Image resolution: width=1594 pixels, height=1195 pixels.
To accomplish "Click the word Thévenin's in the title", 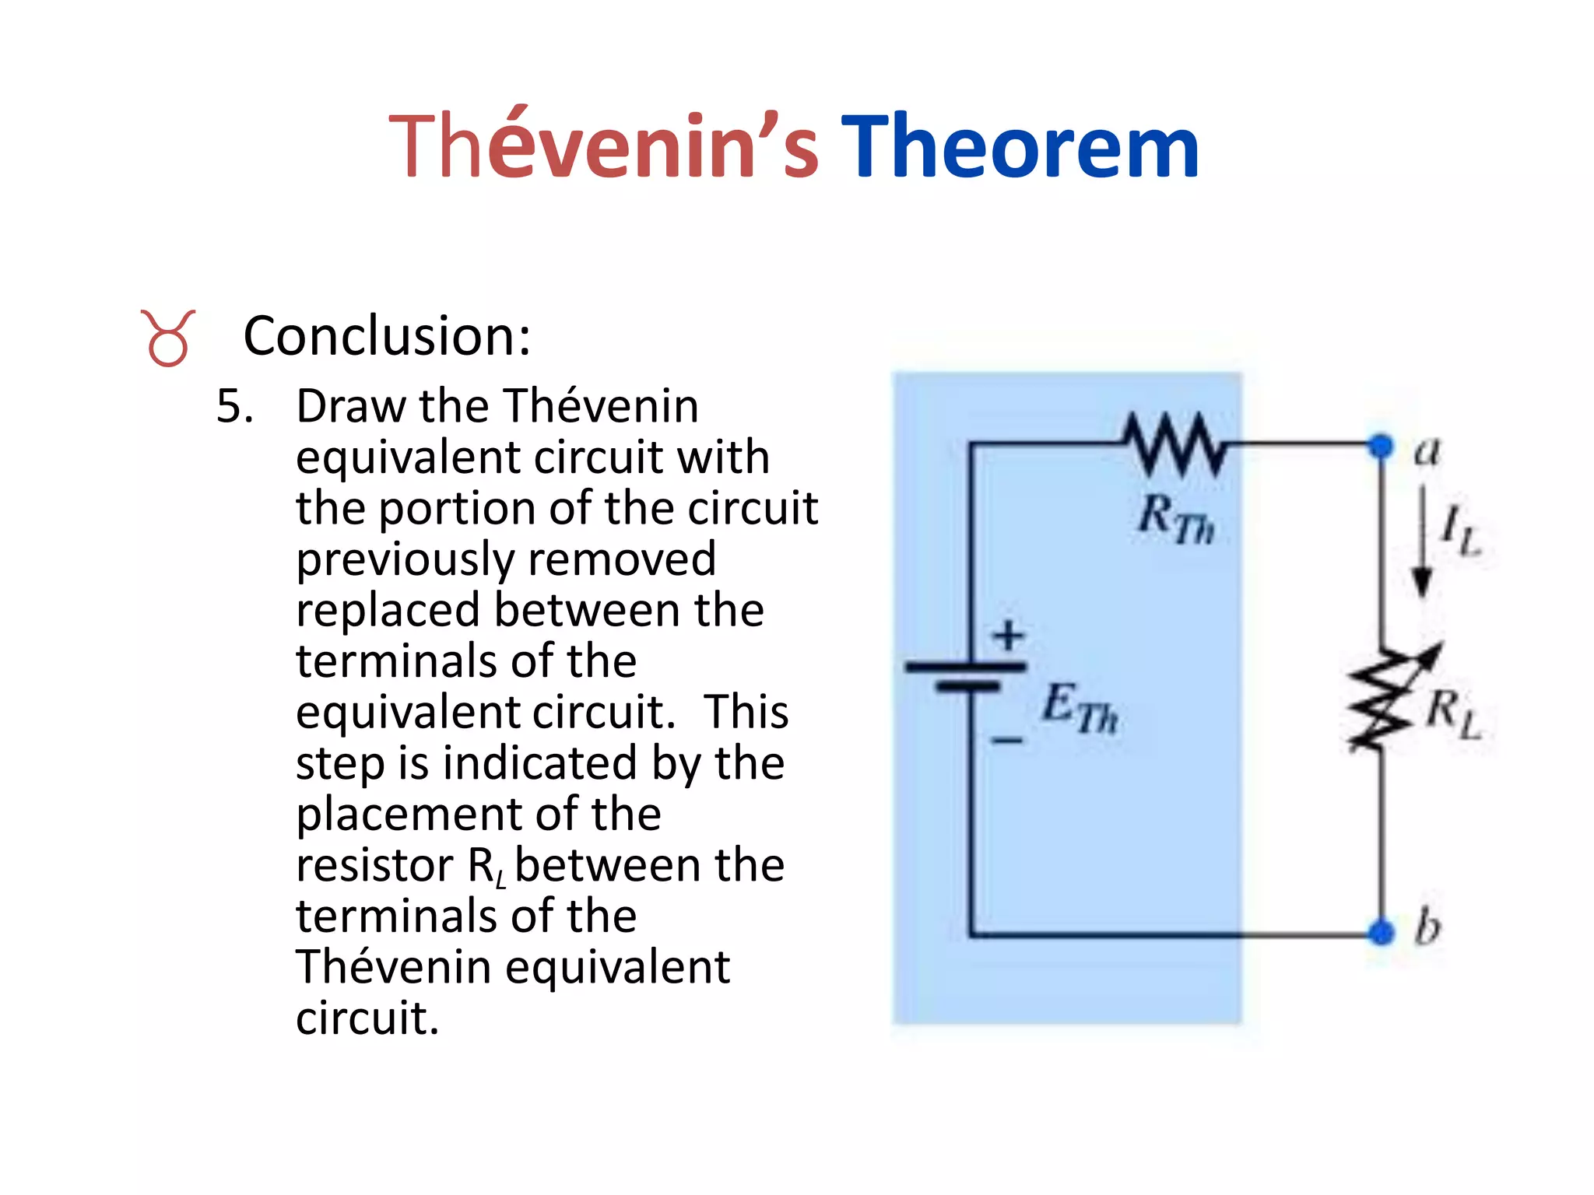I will click(603, 146).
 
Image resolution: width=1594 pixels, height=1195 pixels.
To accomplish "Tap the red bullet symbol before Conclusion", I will click(167, 338).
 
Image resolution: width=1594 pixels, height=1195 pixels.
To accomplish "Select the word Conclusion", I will click(387, 336).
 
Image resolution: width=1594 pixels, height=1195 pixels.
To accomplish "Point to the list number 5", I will click(234, 406).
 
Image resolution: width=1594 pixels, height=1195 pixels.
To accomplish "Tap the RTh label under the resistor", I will click(1175, 520).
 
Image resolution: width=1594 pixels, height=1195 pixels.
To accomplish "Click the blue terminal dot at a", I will click(1381, 446).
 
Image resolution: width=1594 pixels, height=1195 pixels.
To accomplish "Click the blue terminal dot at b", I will click(1381, 931).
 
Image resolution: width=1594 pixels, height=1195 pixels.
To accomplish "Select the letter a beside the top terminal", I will click(1427, 451).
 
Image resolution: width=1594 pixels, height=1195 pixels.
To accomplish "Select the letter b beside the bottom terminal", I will click(1427, 926).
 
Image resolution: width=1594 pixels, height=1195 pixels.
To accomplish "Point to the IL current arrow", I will click(1423, 541).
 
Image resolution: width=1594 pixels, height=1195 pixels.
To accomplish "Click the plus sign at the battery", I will click(1009, 635).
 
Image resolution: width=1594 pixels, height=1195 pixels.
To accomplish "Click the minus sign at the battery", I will click(1007, 740).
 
